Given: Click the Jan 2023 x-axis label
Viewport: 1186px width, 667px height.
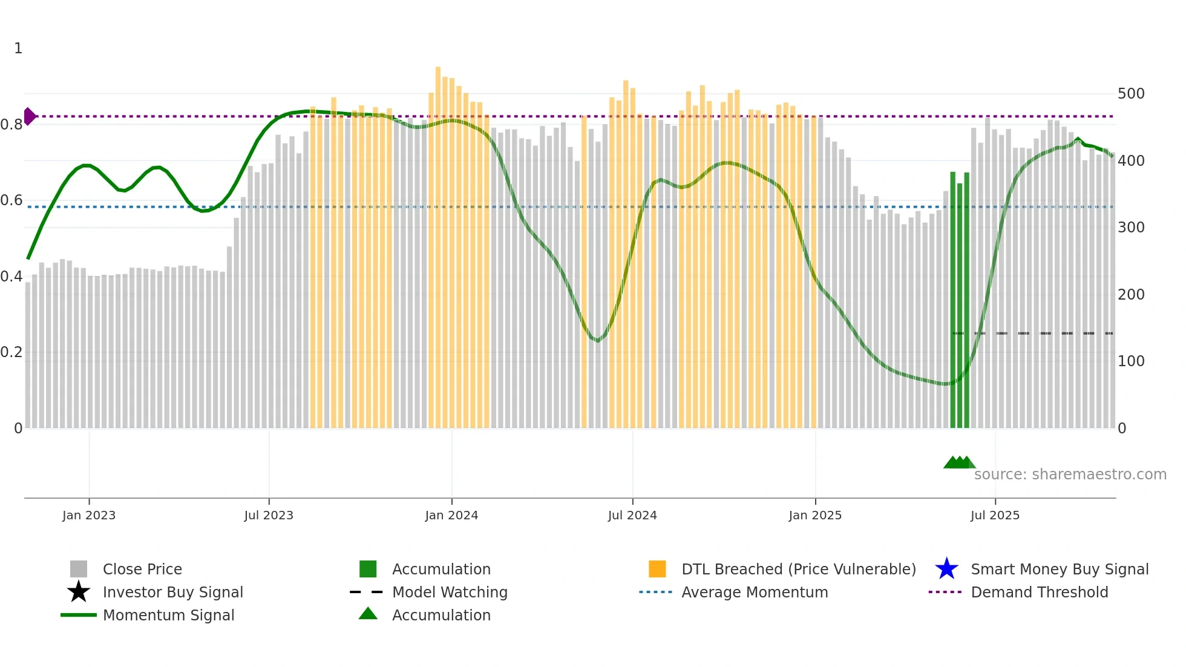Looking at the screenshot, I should point(89,515).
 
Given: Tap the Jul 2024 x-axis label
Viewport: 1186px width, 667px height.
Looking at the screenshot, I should point(632,515).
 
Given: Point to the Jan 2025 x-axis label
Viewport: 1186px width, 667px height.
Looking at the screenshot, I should point(815,515).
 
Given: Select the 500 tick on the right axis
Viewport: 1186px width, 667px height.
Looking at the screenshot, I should point(1131,94).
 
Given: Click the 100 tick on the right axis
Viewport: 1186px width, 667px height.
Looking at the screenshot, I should point(1131,361).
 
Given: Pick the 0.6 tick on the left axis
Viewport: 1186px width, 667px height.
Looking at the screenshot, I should point(11,200).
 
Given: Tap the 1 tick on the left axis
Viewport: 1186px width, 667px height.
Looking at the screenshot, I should point(18,48).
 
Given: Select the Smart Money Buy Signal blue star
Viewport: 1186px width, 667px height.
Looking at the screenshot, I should point(946,569).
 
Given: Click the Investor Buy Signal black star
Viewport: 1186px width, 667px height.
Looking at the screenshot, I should point(79,592).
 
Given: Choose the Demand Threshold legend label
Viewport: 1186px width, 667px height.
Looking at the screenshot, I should point(1039,592).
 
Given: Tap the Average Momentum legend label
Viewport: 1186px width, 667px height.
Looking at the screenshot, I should point(755,592).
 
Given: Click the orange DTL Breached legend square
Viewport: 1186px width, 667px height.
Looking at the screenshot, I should point(657,569).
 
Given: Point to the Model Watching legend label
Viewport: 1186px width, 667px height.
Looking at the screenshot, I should point(450,592).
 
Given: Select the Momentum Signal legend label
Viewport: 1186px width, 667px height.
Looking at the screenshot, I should point(168,615).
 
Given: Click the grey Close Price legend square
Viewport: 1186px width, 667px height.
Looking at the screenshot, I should point(79,569).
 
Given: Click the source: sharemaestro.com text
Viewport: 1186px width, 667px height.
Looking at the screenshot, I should point(1070,475).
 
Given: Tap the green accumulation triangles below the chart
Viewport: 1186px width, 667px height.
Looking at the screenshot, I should point(959,462).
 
